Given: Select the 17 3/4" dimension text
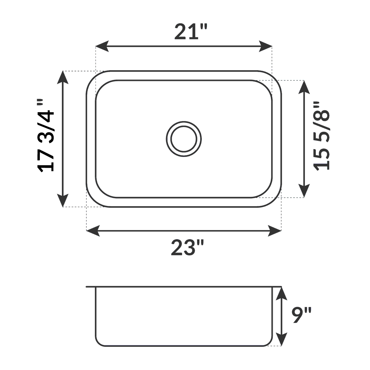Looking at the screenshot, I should coord(46,136).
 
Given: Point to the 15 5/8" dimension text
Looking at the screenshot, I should coord(322,136).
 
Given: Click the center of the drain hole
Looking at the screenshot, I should coord(184,138).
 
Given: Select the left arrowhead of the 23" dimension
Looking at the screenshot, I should coord(92,231).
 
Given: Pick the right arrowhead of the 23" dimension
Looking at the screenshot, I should coord(275,231).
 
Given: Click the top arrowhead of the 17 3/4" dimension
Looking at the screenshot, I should coord(63,77).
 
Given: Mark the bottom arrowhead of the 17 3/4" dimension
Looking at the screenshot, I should coord(63,201).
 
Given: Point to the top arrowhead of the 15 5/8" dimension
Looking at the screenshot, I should coord(304,86).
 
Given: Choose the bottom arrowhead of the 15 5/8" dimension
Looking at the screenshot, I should coord(304,191).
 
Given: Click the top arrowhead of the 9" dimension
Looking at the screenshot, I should coord(281,293).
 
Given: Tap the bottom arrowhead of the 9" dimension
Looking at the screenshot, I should coord(281,339).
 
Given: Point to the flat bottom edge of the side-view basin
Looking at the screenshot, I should coord(184,345).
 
